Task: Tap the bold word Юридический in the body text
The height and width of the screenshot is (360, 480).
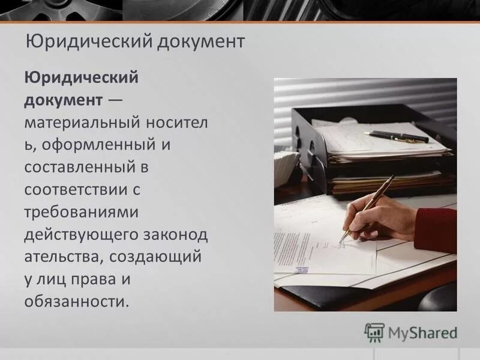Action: [82, 77]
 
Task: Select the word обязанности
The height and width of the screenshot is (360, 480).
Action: [77, 301]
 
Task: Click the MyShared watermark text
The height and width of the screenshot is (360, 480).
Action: [422, 332]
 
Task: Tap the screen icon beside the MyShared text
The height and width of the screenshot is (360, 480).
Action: [374, 332]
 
